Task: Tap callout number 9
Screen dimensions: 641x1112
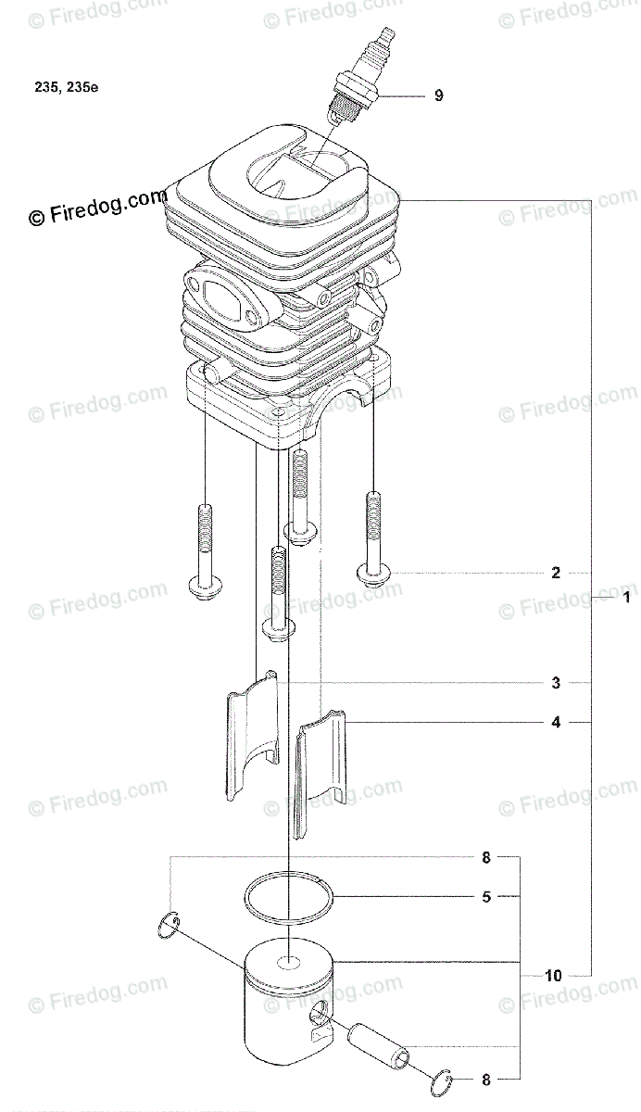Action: (438, 95)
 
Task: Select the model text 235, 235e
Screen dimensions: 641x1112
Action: (67, 87)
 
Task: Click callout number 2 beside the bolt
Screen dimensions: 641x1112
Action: (556, 573)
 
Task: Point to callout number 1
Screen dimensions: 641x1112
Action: (626, 597)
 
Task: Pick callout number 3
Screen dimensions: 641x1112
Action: (556, 683)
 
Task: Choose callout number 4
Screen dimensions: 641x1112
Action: (556, 722)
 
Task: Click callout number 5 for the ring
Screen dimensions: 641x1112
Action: (486, 897)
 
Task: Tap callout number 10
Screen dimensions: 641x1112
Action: (553, 976)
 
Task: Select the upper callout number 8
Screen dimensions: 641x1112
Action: (486, 857)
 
